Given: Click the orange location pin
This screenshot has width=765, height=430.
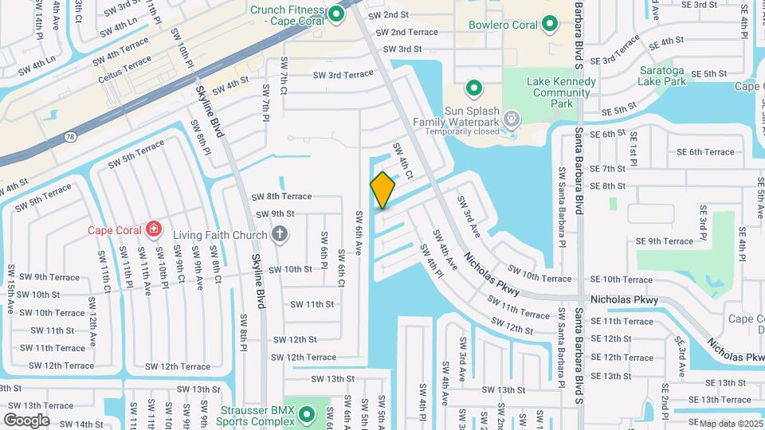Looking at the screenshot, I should (382, 190).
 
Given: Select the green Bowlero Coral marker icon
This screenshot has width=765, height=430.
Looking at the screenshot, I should (549, 25).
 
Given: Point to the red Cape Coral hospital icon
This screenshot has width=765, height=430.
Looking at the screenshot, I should (151, 231).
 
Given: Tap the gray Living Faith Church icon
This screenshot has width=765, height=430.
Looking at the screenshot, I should (278, 233).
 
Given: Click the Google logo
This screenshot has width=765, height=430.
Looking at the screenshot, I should (26, 420).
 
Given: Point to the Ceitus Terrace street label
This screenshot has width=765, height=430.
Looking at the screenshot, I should (124, 69).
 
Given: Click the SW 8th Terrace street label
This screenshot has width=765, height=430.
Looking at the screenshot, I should (277, 196).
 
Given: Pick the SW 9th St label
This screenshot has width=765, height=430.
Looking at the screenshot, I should (275, 214).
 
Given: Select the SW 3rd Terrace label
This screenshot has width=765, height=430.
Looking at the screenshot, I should (343, 75).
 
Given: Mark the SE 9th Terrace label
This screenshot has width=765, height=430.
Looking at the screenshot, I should (665, 241).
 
